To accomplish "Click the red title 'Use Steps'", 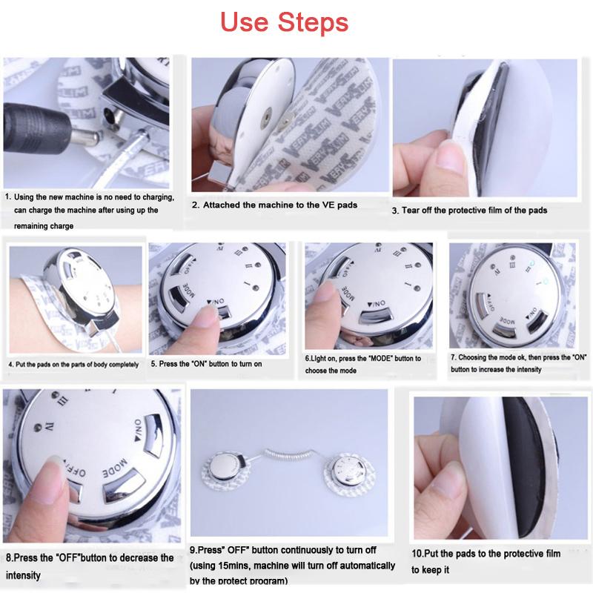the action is [284, 22].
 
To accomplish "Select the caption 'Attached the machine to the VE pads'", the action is [280, 205].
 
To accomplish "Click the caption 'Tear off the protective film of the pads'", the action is [474, 211].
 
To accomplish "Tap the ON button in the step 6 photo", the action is [377, 317].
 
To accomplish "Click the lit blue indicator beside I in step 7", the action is [545, 281].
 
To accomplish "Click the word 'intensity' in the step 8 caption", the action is [23, 575].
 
